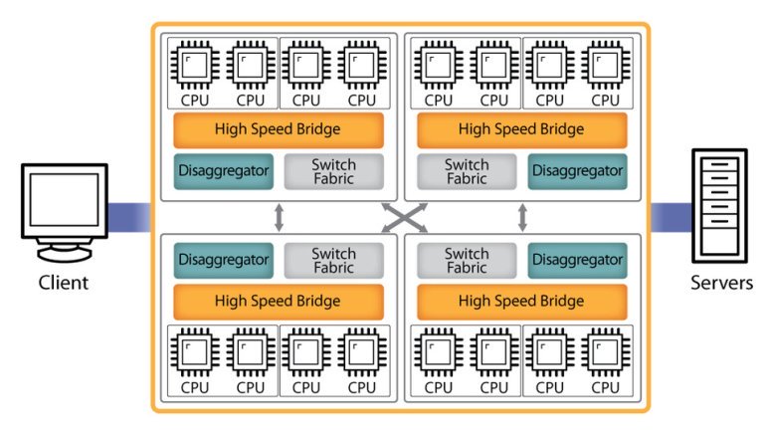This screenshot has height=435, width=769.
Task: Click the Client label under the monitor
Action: tap(64, 283)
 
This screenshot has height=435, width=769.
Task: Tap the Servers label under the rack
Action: tap(721, 283)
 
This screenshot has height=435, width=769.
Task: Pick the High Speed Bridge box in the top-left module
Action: tap(278, 129)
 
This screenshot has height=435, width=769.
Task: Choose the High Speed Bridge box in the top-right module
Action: tap(521, 129)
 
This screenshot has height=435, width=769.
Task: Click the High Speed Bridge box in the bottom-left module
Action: tap(278, 301)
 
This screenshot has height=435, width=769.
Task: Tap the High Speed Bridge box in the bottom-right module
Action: tap(521, 301)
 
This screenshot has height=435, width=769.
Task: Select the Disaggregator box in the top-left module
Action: tap(224, 171)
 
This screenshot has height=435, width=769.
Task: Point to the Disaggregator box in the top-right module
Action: tap(577, 171)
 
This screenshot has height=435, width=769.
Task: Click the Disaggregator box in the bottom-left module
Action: tap(224, 261)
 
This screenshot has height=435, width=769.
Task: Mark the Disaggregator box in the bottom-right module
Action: tap(577, 261)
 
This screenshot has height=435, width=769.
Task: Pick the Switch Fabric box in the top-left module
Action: tap(333, 171)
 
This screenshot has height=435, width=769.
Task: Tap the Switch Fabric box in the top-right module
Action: tap(467, 171)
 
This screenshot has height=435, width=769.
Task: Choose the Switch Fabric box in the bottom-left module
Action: tap(333, 261)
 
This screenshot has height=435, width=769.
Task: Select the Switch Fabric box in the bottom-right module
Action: tap(467, 261)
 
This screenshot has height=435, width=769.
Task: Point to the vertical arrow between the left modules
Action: tap(279, 216)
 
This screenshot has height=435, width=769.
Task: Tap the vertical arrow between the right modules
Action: tap(522, 216)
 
